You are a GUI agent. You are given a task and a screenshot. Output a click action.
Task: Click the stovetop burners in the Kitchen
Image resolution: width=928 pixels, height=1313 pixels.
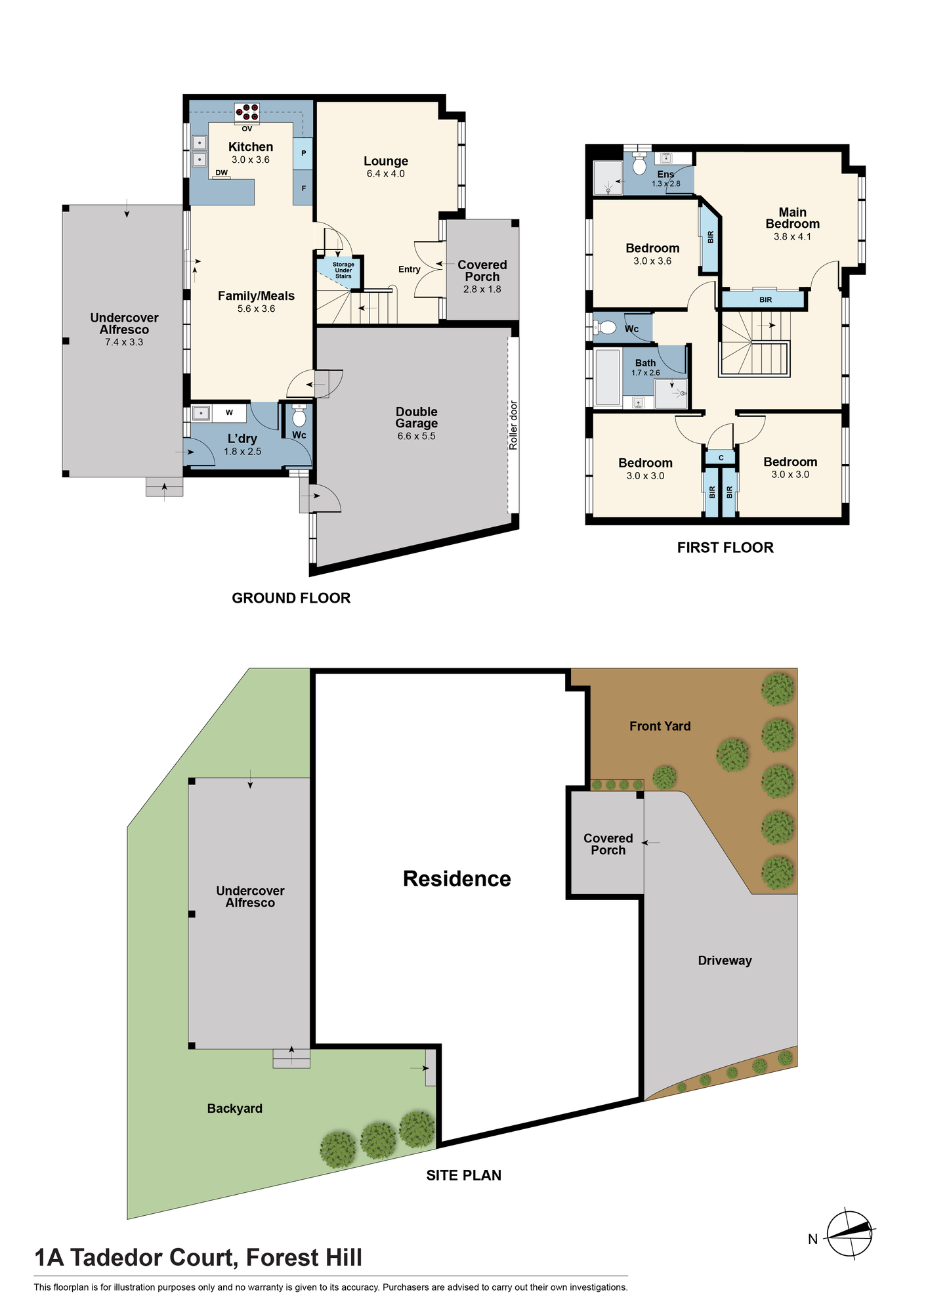pos(247,112)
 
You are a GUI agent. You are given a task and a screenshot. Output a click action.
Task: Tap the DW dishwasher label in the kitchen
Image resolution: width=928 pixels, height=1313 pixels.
pos(222,173)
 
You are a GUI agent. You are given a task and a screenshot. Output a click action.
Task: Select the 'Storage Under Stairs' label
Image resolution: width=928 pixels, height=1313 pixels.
pos(343,270)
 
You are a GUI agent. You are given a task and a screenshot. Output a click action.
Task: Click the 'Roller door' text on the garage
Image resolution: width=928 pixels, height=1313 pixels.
pos(513,425)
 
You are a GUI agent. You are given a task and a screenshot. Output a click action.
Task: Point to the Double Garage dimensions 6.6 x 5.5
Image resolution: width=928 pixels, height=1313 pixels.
pos(416,436)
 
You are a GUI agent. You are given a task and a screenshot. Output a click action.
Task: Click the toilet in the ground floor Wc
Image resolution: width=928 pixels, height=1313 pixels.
pos(299,416)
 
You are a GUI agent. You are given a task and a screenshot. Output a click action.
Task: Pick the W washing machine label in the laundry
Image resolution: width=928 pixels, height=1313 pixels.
pos(229,412)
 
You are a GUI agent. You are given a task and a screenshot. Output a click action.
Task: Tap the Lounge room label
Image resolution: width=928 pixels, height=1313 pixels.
pos(386,161)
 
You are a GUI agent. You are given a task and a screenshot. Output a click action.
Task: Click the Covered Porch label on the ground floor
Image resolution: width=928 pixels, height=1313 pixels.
pos(482,270)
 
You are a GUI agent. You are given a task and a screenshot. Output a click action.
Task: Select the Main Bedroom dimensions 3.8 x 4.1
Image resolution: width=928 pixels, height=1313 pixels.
pos(792,236)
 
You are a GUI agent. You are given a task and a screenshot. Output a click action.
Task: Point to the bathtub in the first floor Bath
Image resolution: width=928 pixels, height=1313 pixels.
pos(607,377)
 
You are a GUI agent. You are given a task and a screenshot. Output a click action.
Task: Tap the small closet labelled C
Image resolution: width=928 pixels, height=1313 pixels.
pos(721,458)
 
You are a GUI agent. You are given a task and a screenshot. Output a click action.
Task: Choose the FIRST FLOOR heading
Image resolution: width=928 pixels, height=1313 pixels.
pos(725,548)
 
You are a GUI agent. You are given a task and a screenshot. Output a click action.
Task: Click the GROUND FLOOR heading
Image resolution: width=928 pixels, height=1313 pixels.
pos(291,598)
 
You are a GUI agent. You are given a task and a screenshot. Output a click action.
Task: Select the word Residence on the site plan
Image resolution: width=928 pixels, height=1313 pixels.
pos(457,878)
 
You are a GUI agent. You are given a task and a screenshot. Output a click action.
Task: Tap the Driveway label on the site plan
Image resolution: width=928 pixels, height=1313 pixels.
pos(725,960)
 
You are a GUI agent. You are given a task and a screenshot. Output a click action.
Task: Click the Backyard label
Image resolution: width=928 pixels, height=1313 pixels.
pos(234,1108)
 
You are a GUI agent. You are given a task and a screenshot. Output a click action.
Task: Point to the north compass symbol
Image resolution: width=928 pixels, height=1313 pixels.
pos(849,1234)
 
